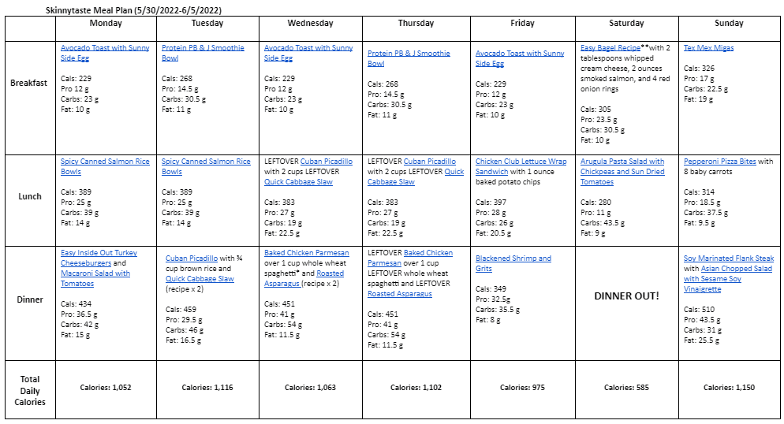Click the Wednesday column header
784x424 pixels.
click(310, 24)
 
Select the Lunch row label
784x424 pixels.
click(30, 197)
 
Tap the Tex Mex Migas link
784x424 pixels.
click(708, 48)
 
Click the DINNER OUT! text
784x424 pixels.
click(626, 296)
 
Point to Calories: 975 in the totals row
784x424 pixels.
click(521, 388)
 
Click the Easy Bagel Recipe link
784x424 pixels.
click(610, 48)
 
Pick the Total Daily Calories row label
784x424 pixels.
click(30, 391)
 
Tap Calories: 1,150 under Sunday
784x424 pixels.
click(729, 388)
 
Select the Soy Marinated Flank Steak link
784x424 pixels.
click(728, 258)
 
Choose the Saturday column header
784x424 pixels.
click(626, 24)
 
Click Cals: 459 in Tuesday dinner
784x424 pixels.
click(181, 309)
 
